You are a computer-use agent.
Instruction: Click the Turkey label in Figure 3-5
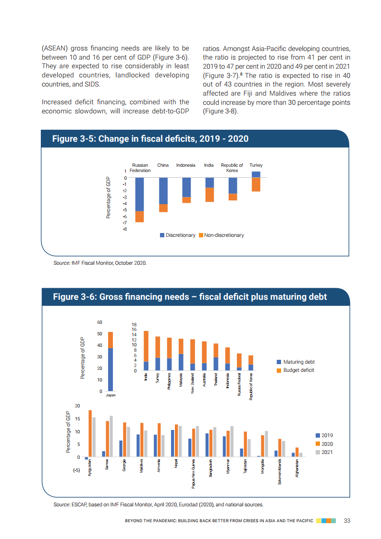(256, 165)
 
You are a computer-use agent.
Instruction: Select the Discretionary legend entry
(178, 235)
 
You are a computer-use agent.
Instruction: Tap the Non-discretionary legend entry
(221, 235)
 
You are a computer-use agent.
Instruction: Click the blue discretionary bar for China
(163, 191)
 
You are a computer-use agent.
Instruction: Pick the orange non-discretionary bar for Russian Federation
(140, 217)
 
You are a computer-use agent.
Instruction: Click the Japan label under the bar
(111, 395)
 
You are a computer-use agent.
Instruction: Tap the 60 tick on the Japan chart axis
(99, 322)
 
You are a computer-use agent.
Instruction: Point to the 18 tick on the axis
(135, 325)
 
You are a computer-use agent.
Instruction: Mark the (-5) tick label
(76, 470)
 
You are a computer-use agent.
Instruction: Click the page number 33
(347, 521)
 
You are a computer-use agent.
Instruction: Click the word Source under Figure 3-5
(61, 263)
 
